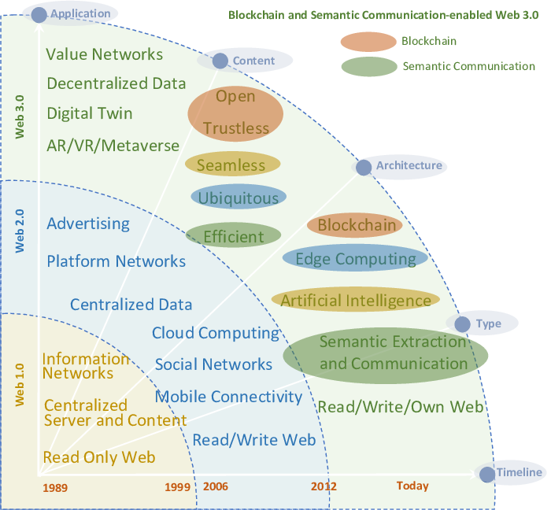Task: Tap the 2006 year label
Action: click(x=216, y=486)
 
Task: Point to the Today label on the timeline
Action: click(x=412, y=486)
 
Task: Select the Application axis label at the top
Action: click(x=80, y=13)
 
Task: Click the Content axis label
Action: click(x=253, y=61)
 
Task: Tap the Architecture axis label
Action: click(x=409, y=166)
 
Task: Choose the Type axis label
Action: click(x=488, y=323)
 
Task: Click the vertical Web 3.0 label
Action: click(x=20, y=116)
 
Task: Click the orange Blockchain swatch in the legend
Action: click(x=368, y=42)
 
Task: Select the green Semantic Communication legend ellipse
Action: click(x=368, y=66)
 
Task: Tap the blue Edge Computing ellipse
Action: click(x=355, y=259)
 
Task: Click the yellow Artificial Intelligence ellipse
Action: click(x=355, y=300)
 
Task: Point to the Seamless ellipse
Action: click(x=232, y=164)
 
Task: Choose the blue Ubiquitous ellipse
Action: click(x=238, y=197)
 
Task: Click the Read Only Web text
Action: click(x=99, y=457)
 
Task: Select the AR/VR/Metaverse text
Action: click(x=113, y=146)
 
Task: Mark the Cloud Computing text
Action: click(x=216, y=333)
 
